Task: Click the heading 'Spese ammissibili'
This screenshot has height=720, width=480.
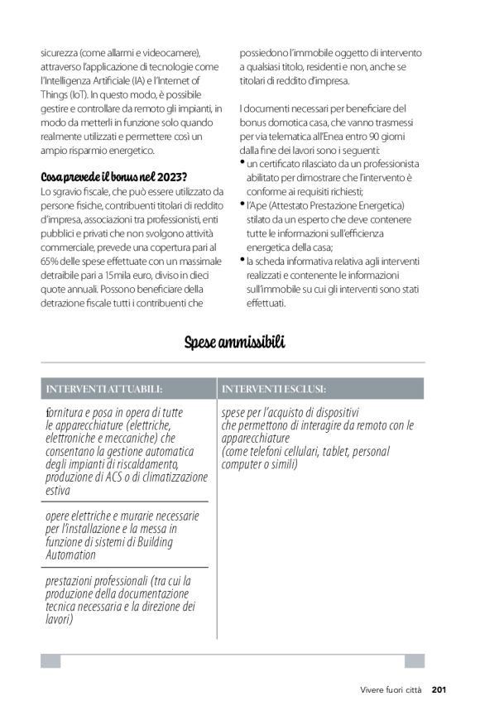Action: click(x=234, y=342)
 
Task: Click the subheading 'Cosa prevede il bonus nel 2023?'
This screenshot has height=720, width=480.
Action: click(x=114, y=177)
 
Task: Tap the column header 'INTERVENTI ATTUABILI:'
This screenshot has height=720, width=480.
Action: click(x=103, y=388)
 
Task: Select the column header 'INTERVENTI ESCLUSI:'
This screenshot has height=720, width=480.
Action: click(x=273, y=388)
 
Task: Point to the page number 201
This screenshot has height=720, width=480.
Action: click(x=439, y=689)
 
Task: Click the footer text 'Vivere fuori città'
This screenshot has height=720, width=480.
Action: click(x=391, y=689)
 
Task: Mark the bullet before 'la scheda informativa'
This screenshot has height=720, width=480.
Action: click(x=242, y=258)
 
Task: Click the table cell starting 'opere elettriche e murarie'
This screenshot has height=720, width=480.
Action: click(x=123, y=535)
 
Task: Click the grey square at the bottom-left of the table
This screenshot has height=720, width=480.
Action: click(x=50, y=660)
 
